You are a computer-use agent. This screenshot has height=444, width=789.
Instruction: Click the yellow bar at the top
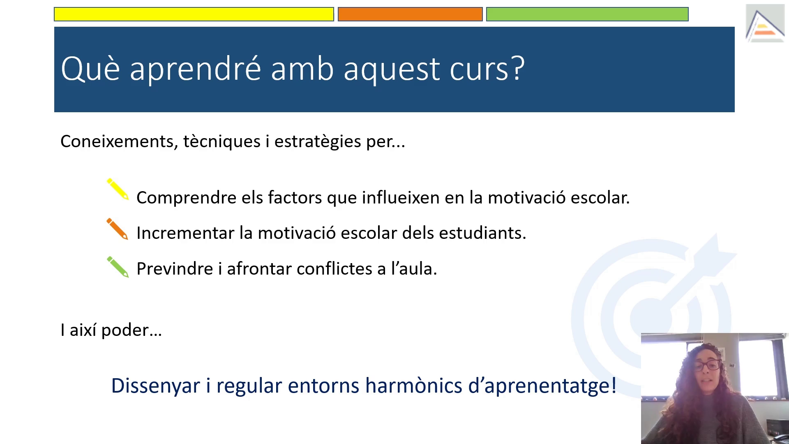[194, 14]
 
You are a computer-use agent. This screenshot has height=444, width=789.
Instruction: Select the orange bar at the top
[410, 14]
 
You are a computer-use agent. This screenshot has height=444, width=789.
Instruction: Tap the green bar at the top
[587, 14]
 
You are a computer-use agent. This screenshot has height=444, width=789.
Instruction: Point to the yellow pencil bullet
[118, 189]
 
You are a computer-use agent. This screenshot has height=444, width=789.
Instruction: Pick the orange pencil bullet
[118, 229]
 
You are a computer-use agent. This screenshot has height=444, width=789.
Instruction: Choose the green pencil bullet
[118, 267]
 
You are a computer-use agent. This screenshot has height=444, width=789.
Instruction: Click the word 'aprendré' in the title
[195, 69]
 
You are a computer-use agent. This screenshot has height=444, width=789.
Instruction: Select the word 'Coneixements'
[119, 141]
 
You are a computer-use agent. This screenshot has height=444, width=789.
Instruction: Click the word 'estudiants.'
[482, 233]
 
